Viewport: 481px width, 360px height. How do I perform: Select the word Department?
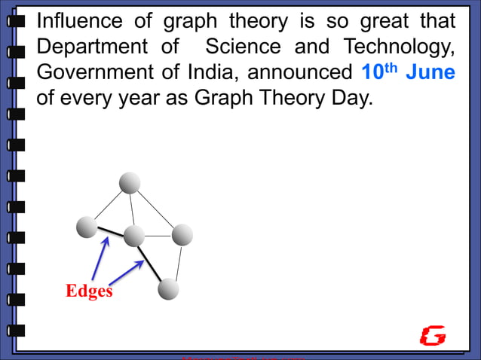tap(93, 47)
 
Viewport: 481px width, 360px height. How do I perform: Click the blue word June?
tap(430, 73)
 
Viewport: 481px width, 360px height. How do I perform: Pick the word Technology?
tap(400, 47)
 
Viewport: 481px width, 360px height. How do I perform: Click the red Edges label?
tap(89, 291)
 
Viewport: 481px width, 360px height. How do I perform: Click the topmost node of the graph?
tap(130, 182)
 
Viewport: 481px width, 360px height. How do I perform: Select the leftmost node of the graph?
tap(87, 225)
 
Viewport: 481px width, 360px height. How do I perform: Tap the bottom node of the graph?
tap(168, 288)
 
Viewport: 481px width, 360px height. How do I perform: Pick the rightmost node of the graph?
tap(182, 235)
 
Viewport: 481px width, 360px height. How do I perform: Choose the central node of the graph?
tap(133, 236)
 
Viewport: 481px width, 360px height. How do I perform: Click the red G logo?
tap(433, 336)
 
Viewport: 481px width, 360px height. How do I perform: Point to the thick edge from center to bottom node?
tap(151, 262)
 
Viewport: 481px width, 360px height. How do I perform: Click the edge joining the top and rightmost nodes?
tap(156, 209)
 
